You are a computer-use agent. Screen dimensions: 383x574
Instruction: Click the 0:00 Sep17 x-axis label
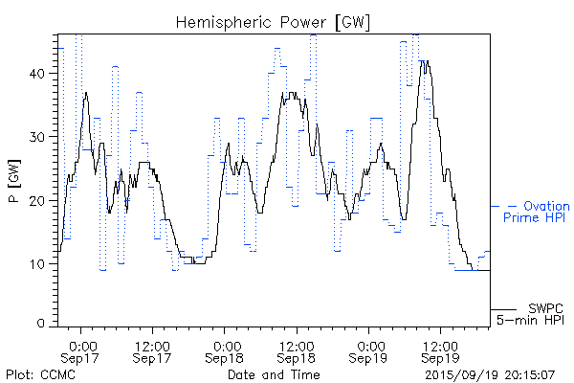[x=82, y=350]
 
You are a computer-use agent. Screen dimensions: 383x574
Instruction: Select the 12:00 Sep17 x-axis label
[x=153, y=350]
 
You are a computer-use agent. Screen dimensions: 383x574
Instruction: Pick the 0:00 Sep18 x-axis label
[x=226, y=350]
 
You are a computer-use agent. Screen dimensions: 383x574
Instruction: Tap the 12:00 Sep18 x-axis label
[x=297, y=350]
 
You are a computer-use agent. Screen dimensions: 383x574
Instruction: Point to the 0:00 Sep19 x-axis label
[x=369, y=350]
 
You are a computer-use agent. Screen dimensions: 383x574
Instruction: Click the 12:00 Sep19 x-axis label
[x=440, y=350]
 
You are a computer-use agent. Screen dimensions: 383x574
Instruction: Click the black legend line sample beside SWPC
[x=504, y=308]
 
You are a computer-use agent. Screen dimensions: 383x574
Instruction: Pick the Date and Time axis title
[x=274, y=374]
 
